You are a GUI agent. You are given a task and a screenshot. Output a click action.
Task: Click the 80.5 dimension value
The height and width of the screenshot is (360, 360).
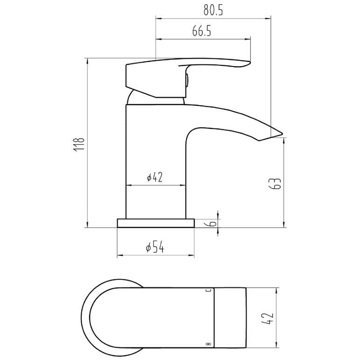click(213, 10)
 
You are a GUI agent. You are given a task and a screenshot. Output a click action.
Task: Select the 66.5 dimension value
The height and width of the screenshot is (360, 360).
click(202, 31)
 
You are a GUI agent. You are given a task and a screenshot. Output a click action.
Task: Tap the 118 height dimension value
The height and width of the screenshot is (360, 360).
click(79, 144)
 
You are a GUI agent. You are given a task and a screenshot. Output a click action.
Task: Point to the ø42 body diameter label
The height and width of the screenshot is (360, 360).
click(155, 177)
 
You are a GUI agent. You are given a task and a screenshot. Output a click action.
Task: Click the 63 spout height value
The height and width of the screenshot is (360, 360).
click(275, 183)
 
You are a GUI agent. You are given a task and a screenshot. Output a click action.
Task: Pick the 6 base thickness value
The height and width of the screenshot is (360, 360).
click(213, 223)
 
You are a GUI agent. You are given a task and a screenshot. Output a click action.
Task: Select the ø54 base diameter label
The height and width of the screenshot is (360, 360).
click(155, 247)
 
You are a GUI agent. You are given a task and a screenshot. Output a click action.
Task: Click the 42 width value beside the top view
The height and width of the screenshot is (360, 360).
click(268, 318)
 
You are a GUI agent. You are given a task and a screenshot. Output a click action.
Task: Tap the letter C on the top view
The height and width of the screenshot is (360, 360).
click(209, 291)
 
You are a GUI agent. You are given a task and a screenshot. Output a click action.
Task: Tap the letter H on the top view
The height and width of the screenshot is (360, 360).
click(209, 344)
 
